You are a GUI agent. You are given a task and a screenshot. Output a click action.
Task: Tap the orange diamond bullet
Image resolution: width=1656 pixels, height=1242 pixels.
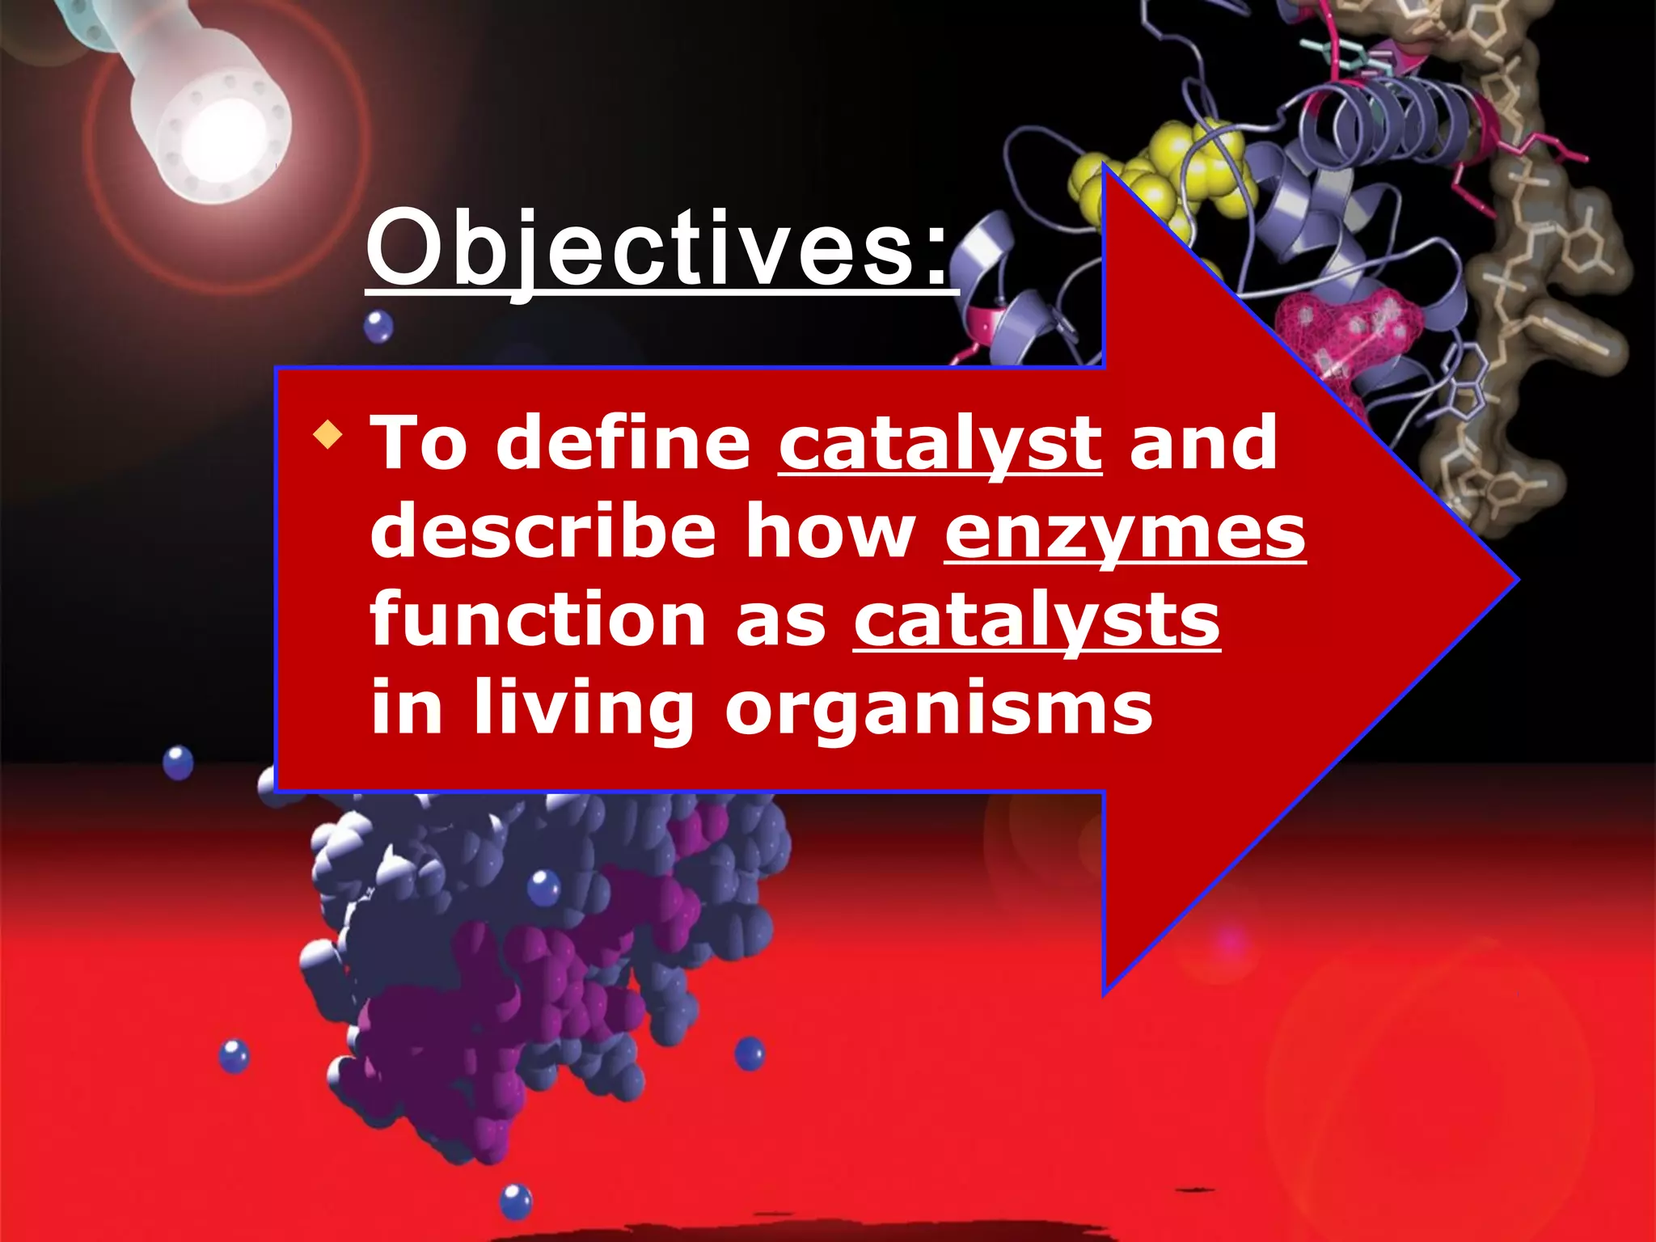(327, 434)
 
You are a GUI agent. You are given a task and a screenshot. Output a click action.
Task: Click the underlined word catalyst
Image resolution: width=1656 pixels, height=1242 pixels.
(940, 445)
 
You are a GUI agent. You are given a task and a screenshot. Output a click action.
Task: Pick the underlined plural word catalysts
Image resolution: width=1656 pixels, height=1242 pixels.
(1037, 621)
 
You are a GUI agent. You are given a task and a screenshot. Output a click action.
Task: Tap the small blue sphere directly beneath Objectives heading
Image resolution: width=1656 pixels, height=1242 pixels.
(378, 327)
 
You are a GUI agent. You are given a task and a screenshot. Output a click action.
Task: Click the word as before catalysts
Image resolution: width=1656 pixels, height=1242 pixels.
(780, 621)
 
